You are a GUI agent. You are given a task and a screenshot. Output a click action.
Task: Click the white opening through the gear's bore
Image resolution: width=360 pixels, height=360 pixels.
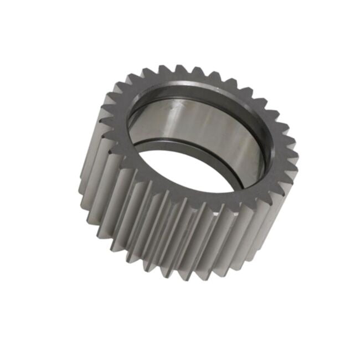188,169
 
